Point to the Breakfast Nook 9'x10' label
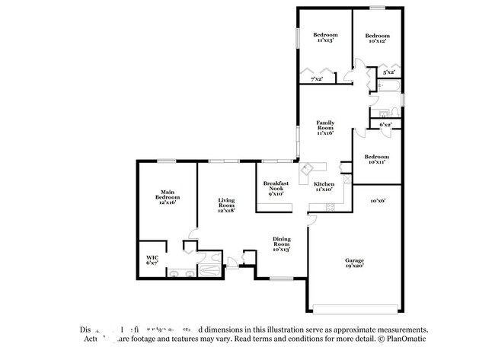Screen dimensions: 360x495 [273, 188]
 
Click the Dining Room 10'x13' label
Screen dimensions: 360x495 [281, 244]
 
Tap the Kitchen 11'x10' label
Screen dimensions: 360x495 [324, 187]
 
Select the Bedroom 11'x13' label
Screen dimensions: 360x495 [324, 37]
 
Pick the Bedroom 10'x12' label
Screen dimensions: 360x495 [376, 38]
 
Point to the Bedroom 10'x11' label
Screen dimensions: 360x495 [375, 159]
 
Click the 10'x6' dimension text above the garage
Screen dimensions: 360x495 [378, 201]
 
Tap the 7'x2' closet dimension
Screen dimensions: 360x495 [316, 78]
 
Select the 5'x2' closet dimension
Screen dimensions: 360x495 [388, 73]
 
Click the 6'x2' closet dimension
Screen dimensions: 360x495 [386, 124]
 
